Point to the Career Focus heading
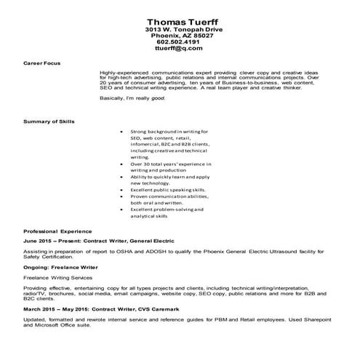coord(43,63)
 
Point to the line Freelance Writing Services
coord(59,277)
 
